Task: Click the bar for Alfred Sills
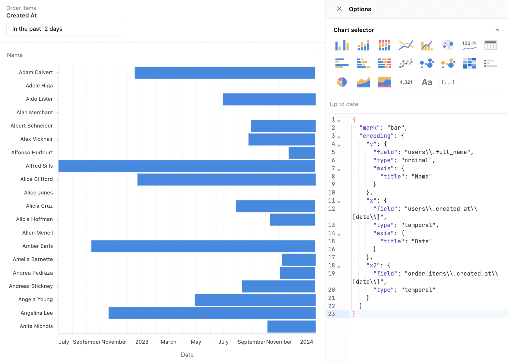tap(187, 166)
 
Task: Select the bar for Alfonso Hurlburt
tap(302, 153)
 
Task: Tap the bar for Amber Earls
tap(203, 246)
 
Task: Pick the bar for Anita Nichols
tap(291, 327)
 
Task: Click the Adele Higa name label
tap(39, 86)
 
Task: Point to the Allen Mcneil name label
tap(37, 233)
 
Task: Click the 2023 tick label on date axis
tap(142, 342)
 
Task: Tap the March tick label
tap(168, 342)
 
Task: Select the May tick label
tap(196, 342)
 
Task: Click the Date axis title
tap(187, 355)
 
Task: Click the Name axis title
tap(15, 55)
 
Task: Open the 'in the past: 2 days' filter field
tap(64, 29)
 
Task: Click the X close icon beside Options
tap(339, 9)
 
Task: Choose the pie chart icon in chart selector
tap(342, 82)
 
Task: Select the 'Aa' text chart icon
tap(427, 82)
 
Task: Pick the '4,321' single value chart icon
tap(406, 82)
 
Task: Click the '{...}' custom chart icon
tap(448, 82)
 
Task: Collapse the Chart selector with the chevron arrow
tap(497, 30)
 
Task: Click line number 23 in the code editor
tap(332, 314)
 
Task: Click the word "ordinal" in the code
tap(417, 160)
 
